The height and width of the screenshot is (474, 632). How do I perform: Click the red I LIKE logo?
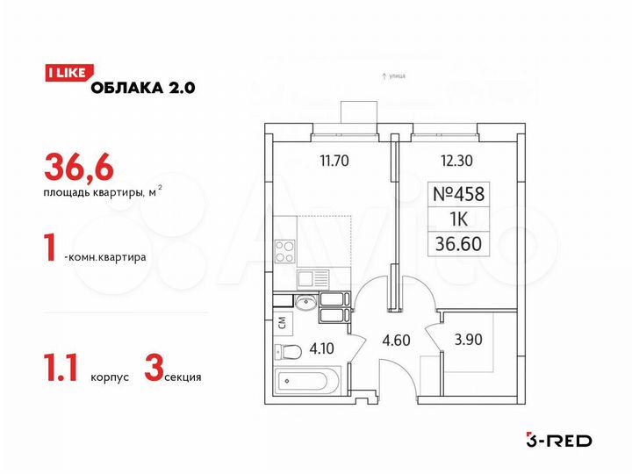(64, 74)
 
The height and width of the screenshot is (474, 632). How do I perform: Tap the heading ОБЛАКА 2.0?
(140, 86)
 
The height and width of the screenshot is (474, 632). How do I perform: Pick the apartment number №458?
(459, 193)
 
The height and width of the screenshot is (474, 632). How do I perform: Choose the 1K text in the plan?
(459, 219)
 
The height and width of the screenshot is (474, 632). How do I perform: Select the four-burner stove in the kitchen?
(287, 252)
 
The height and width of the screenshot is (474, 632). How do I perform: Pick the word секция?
(183, 377)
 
